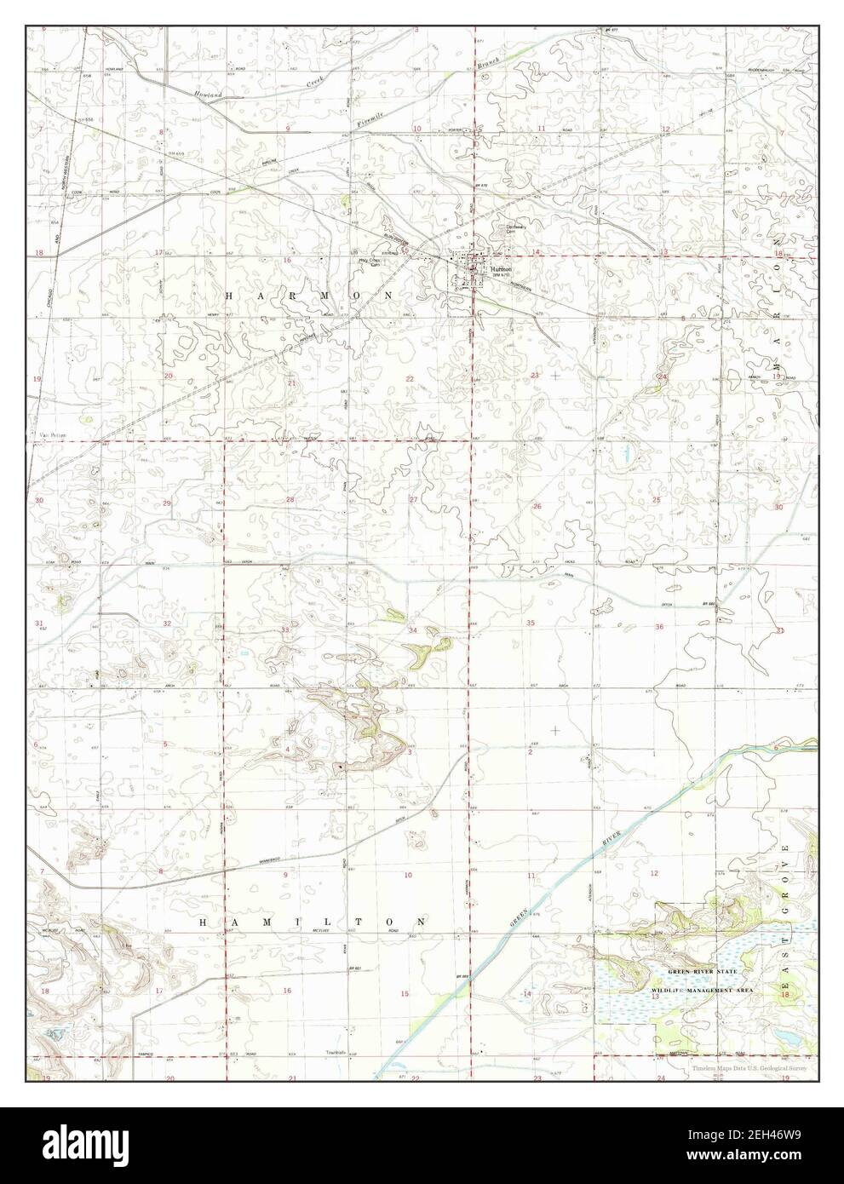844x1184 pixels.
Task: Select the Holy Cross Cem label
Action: coord(368,262)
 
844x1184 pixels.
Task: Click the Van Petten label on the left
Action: coord(47,434)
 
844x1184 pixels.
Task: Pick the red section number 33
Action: coord(287,629)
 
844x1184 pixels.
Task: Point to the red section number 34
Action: coord(412,630)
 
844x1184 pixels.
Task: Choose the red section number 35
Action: coord(531,624)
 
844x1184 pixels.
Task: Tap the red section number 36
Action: coord(658,627)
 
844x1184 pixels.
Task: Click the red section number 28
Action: coord(290,500)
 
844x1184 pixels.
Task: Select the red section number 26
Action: coord(537,506)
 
